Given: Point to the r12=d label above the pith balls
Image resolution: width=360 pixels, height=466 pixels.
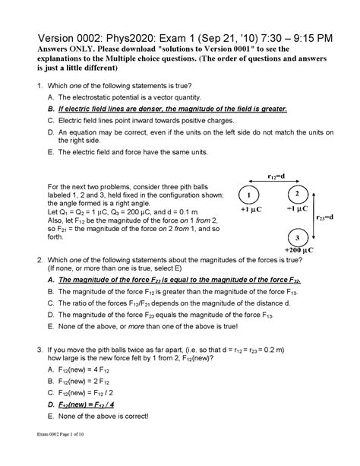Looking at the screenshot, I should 276,176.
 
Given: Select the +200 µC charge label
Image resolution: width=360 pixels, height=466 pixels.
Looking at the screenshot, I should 297,250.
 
